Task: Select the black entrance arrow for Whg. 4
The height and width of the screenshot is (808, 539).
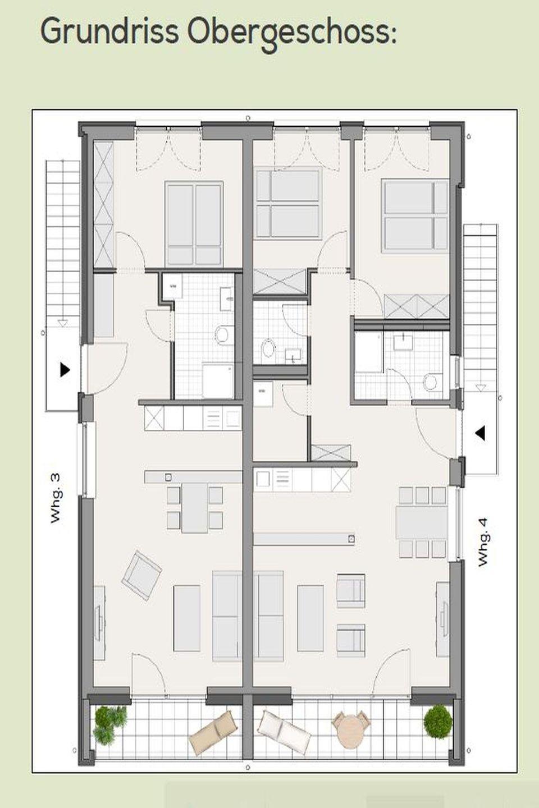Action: point(480,433)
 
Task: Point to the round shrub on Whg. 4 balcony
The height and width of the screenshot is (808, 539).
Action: point(438,722)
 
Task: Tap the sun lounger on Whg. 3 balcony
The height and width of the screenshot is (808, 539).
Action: point(214,732)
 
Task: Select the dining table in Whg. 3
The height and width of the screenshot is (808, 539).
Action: point(195,508)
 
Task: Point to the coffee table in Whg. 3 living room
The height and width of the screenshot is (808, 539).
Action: point(187,618)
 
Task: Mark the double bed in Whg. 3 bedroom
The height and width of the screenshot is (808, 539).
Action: point(194,224)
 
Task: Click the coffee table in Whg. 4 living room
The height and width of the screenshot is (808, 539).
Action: point(310,618)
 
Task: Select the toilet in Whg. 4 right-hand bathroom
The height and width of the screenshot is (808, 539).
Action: point(431,382)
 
